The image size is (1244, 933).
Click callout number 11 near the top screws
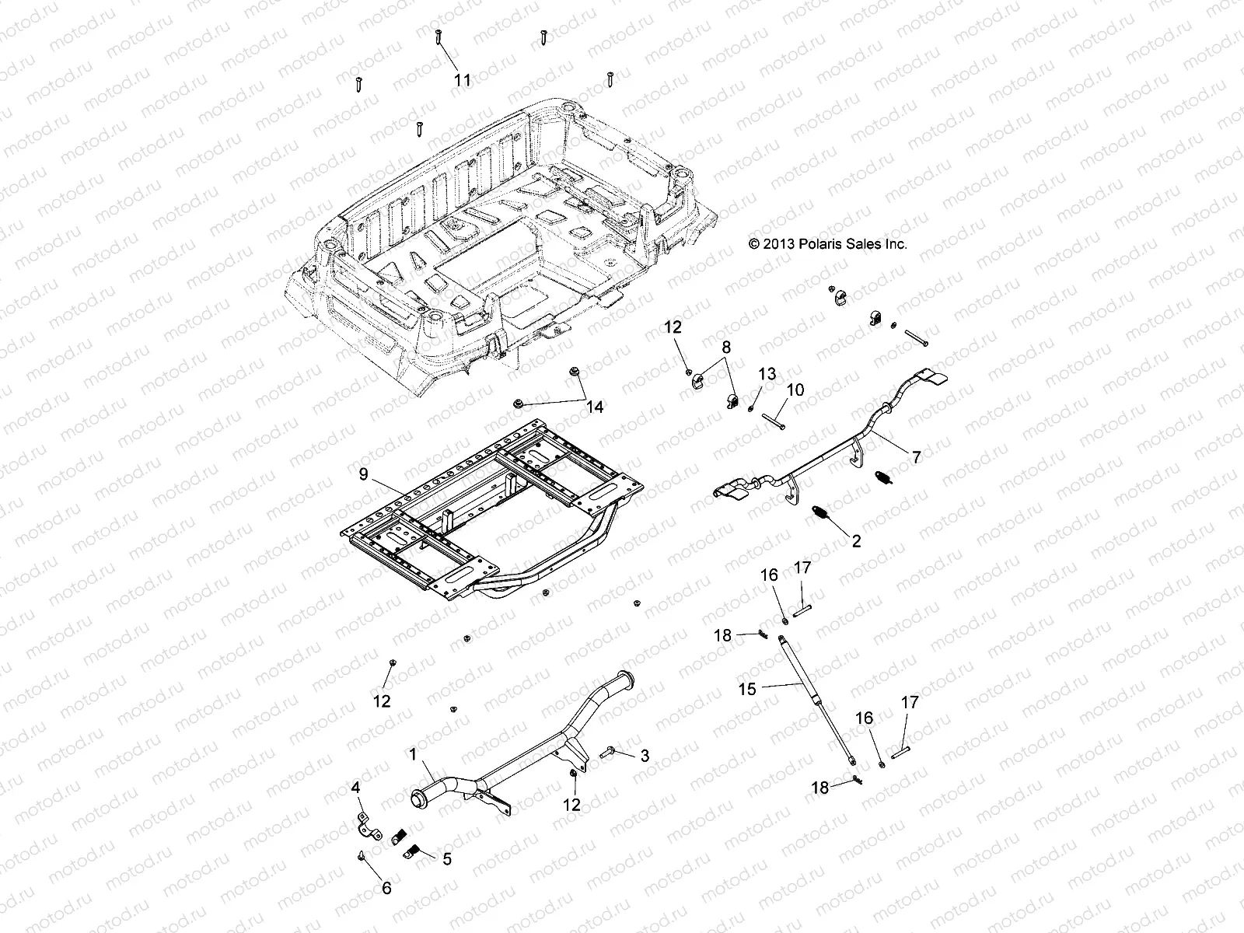pyautogui.click(x=463, y=80)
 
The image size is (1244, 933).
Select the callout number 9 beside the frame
pyautogui.click(x=364, y=475)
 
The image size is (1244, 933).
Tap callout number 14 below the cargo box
pyautogui.click(x=594, y=407)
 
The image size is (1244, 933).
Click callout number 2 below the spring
pyautogui.click(x=856, y=541)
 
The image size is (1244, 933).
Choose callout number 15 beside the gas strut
pyautogui.click(x=746, y=688)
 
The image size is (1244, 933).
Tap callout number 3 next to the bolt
pyautogui.click(x=644, y=755)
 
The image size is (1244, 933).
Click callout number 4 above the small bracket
pyautogui.click(x=356, y=788)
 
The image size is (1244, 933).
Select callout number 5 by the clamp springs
pyautogui.click(x=446, y=859)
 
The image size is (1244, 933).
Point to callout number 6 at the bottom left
pyautogui.click(x=386, y=888)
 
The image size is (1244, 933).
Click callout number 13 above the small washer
pyautogui.click(x=767, y=374)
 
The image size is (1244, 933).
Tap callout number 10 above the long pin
pyautogui.click(x=795, y=390)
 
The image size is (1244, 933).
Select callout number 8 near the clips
pyautogui.click(x=726, y=347)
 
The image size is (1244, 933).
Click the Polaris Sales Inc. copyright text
pyautogui.click(x=828, y=243)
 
